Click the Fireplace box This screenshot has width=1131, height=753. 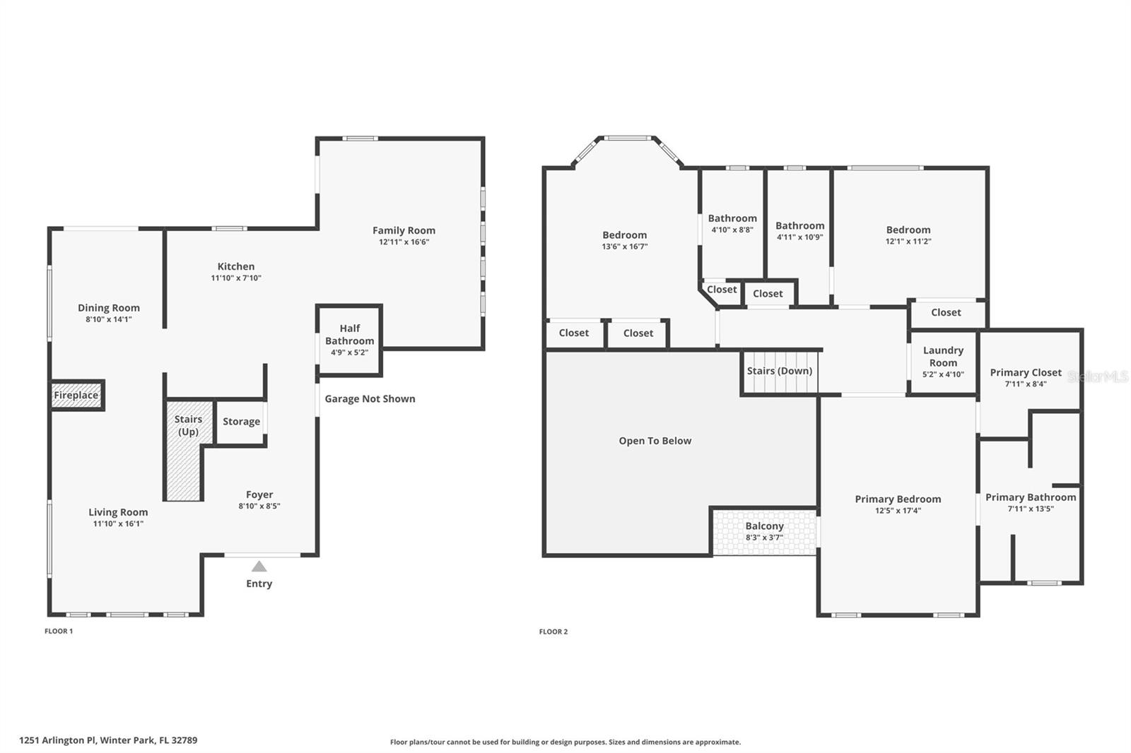[x=76, y=396]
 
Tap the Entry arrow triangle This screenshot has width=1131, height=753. [x=259, y=567]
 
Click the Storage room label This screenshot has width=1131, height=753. [x=241, y=422]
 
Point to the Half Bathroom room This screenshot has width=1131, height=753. [x=349, y=340]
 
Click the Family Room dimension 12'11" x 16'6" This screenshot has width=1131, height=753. [x=404, y=242]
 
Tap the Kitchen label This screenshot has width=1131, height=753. [x=235, y=266]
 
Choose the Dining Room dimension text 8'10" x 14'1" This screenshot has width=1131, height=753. [x=109, y=319]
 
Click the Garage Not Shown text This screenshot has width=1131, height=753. [x=370, y=399]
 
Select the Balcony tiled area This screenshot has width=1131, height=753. [x=764, y=531]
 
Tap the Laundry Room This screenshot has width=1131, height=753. [x=943, y=361]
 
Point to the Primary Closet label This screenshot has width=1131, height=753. [x=1025, y=372]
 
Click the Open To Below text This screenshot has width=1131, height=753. [x=655, y=441]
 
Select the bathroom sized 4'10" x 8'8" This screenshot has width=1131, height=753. [x=732, y=224]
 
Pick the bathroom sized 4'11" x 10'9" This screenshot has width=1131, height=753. [x=799, y=231]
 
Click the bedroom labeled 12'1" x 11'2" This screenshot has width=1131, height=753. [x=908, y=235]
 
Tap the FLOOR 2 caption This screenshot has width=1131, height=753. [x=553, y=632]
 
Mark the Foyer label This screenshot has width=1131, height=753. [x=259, y=494]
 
